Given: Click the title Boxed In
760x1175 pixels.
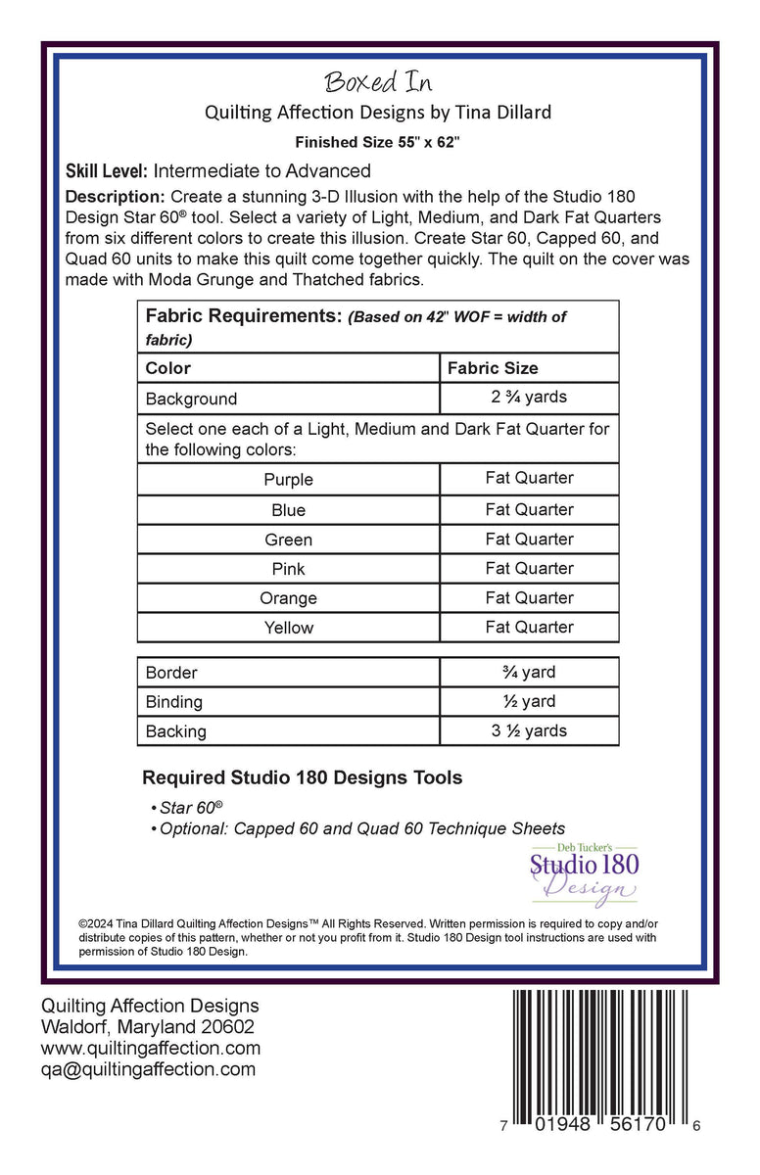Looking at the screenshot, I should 378,81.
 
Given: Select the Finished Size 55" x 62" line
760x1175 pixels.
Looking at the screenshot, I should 378,142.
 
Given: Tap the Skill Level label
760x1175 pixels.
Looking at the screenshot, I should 106,171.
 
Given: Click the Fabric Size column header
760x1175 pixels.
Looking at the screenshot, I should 493,368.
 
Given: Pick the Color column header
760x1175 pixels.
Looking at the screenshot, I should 167,368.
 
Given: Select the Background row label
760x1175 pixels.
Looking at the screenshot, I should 191,399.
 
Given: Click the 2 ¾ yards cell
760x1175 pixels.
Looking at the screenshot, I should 529,397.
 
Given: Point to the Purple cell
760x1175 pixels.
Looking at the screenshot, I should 288,480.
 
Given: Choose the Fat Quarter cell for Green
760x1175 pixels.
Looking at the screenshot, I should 529,539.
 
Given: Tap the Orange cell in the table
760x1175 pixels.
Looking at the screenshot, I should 288,598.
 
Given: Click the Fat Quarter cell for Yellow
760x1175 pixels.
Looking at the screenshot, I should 529,627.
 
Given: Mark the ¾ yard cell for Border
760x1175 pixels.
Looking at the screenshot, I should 529,672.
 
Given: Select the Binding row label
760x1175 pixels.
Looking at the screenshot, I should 174,702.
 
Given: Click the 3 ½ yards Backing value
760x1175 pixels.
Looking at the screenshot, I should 529,730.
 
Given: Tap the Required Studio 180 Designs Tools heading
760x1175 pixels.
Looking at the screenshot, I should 303,778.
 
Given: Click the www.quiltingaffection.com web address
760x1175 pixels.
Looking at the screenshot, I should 150,1048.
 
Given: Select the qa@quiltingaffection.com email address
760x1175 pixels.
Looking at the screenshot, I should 148,1069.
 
